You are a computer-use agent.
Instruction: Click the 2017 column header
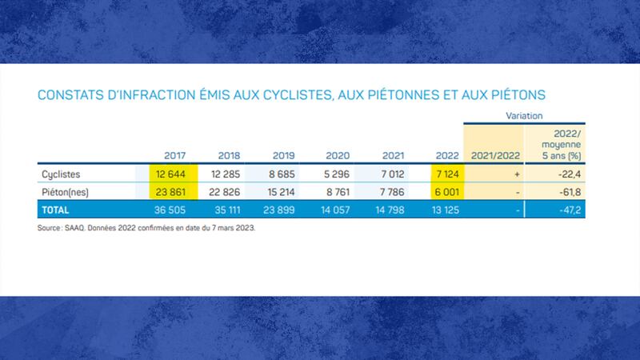point(174,156)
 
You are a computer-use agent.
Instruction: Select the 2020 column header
point(338,156)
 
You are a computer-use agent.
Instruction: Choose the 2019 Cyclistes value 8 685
point(282,174)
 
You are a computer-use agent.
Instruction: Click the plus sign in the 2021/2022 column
point(518,174)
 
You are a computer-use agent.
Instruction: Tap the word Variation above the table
point(525,117)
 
